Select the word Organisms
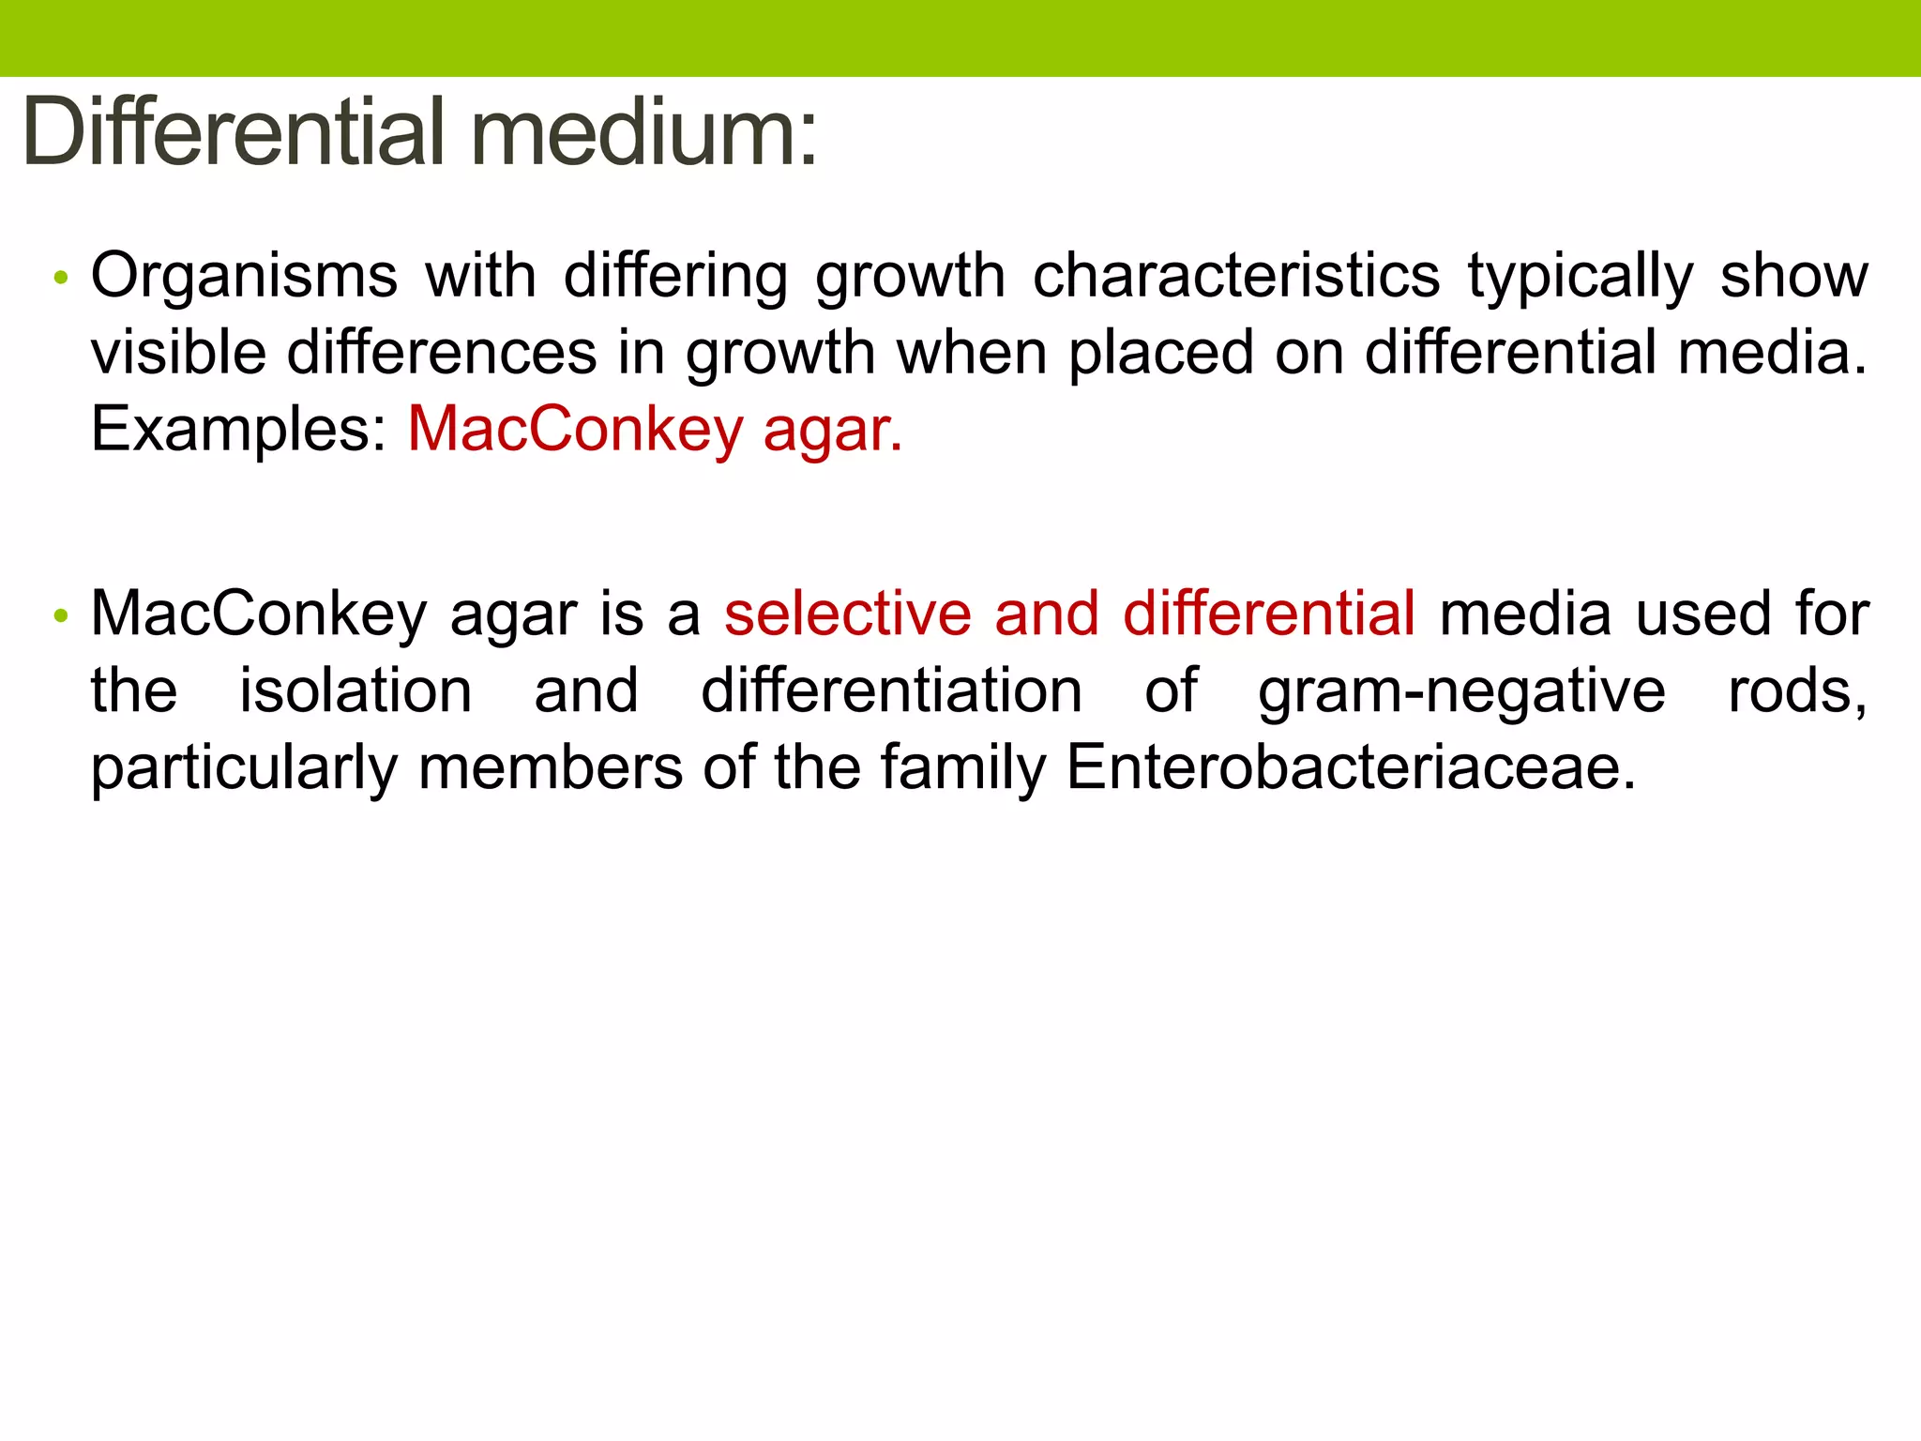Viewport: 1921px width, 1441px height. coord(244,277)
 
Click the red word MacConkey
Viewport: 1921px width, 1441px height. coord(575,431)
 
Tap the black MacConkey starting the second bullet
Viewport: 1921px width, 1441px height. coord(259,614)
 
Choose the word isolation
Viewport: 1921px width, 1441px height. coord(355,690)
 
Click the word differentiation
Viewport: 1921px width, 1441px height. coord(891,690)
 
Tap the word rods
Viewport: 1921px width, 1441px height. coord(1796,690)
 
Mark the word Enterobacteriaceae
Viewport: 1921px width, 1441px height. coord(1351,767)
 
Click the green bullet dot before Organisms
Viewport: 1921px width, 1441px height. coord(61,277)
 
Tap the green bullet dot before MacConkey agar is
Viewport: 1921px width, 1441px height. coord(61,615)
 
